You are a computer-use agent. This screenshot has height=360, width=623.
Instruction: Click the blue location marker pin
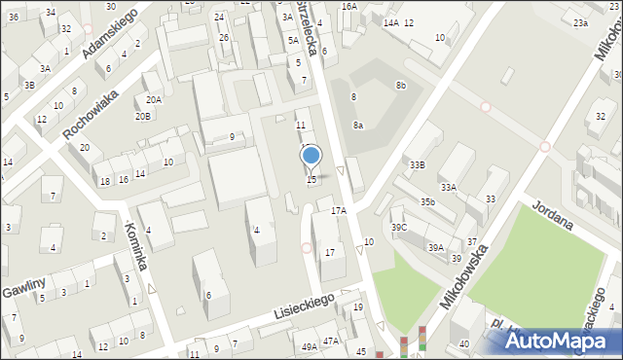[311, 157]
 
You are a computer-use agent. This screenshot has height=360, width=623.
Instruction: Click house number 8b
[400, 86]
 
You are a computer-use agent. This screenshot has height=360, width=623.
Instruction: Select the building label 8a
[358, 125]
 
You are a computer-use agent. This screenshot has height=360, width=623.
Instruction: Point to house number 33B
[417, 164]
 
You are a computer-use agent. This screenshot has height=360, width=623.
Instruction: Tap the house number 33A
[448, 187]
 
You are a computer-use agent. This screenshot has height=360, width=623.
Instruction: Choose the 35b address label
[427, 201]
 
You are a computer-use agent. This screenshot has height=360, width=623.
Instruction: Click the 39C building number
[399, 227]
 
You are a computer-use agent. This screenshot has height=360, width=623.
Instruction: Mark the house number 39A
[435, 247]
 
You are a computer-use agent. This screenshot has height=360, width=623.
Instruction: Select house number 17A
[338, 210]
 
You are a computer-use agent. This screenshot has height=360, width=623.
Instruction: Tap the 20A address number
[154, 100]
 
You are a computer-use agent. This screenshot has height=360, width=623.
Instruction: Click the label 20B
[143, 117]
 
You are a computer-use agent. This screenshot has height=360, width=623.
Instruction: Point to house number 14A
[390, 22]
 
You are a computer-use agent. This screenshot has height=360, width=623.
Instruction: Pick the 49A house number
[309, 347]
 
